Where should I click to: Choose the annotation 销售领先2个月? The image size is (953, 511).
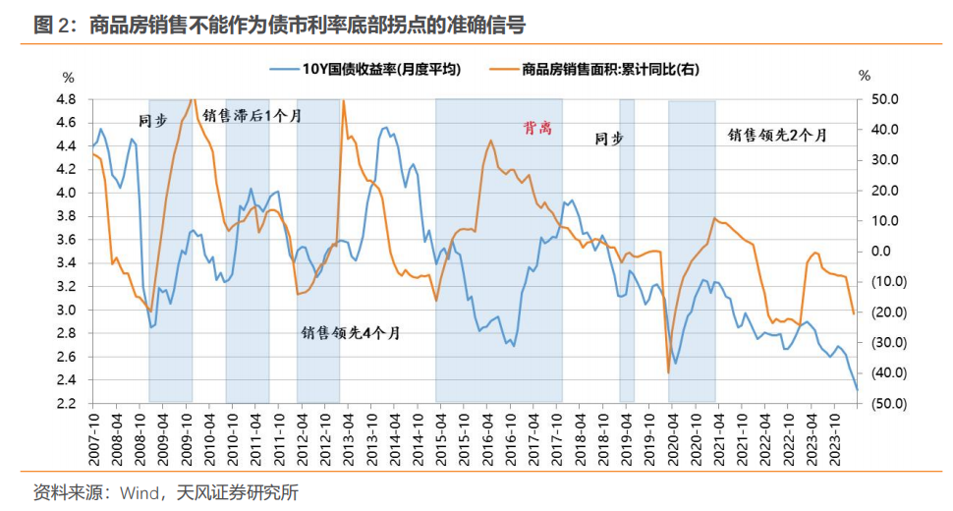777,135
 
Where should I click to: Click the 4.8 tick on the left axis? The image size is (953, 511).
67,99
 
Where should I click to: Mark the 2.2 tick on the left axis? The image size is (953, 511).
67,404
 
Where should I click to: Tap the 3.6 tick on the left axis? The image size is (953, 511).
67,240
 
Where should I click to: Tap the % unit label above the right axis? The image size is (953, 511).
864,76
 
